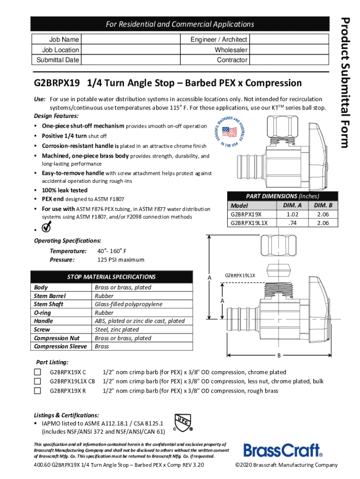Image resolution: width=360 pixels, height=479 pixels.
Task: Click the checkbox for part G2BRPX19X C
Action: [37, 372]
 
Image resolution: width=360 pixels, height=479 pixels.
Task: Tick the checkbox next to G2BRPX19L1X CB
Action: [37, 381]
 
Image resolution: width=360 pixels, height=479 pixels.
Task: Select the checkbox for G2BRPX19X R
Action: [37, 391]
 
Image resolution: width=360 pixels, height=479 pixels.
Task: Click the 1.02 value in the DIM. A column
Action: [292, 214]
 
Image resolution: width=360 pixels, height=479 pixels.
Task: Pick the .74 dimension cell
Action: [292, 223]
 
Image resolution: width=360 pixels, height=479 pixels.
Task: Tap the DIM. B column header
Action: [323, 205]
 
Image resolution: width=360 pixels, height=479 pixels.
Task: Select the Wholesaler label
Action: [231, 50]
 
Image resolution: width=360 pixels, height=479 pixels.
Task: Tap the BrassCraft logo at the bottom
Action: [283, 450]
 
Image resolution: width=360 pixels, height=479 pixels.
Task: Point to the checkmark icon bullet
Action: [47, 228]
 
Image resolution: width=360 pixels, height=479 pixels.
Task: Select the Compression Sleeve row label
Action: [61, 346]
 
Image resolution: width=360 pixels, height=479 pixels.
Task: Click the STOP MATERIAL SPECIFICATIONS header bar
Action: [112, 277]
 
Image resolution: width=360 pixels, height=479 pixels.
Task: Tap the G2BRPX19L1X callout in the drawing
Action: [240, 275]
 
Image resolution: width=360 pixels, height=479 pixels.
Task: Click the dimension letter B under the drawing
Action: [279, 356]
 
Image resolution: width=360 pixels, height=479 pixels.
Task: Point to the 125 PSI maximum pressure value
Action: [121, 260]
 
